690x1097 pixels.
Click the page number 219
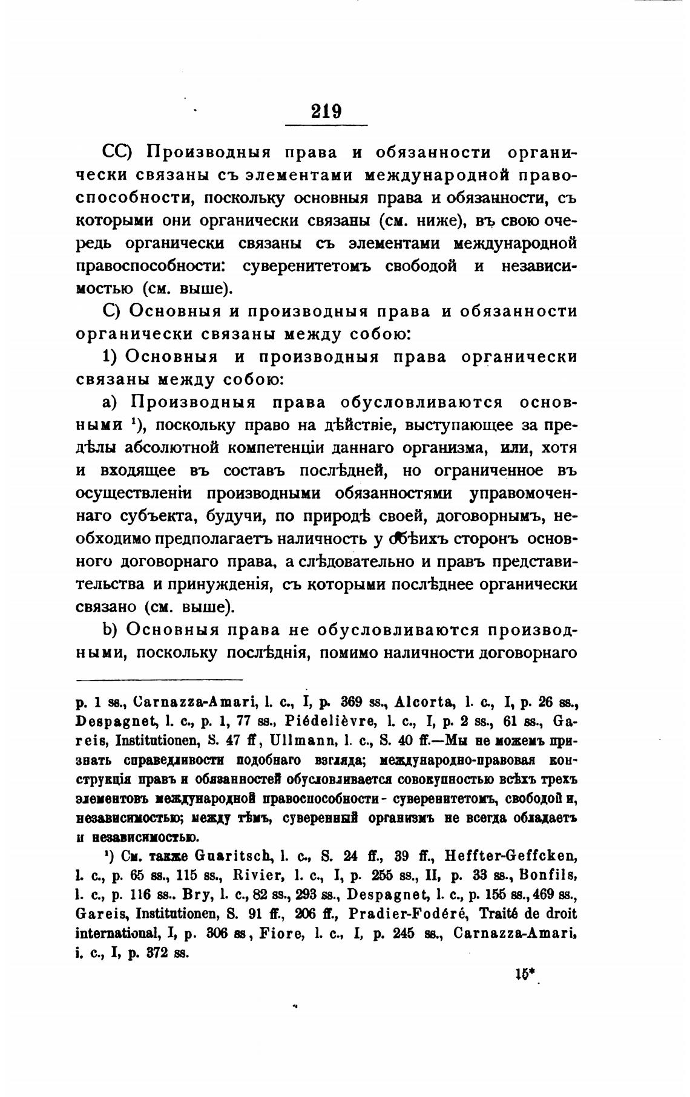pyautogui.click(x=326, y=111)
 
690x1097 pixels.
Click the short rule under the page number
pyautogui.click(x=326, y=125)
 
